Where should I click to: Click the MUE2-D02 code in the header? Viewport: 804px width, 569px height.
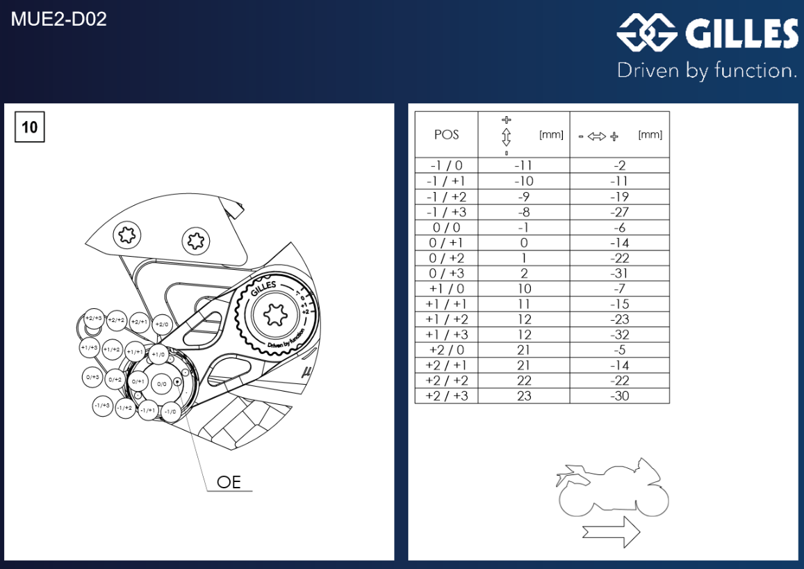59,19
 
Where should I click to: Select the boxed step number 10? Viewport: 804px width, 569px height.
30,127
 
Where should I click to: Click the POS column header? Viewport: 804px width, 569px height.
446,135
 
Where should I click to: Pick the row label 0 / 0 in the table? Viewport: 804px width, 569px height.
446,227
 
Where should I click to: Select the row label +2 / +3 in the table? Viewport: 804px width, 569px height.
446,396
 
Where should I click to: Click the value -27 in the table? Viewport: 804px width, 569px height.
619,212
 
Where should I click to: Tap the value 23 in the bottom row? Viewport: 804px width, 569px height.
524,396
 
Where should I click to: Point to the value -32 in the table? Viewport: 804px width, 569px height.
619,335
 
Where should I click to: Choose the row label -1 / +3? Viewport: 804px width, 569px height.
446,212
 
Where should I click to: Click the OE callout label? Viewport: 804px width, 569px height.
229,482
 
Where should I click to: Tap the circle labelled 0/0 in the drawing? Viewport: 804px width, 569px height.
162,383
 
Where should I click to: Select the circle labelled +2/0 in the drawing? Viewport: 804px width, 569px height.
161,324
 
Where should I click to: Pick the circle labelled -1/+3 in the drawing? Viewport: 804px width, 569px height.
102,406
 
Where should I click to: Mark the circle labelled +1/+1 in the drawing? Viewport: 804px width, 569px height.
135,353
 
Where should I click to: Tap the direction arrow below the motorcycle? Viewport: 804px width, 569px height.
611,532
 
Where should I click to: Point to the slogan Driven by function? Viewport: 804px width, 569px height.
707,70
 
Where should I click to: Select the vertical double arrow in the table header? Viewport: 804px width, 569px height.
507,135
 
